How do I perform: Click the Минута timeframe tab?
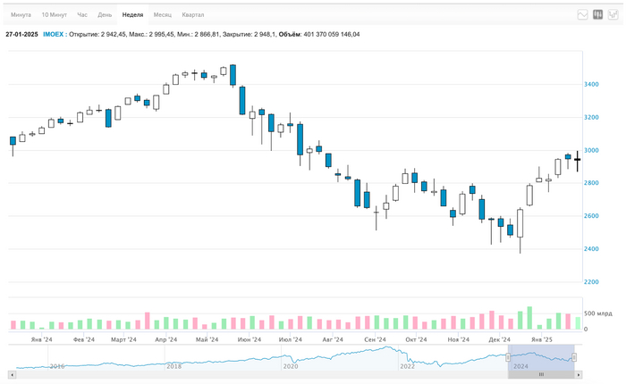pyautogui.click(x=21, y=15)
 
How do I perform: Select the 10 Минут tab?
pyautogui.click(x=54, y=15)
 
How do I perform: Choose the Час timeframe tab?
pyautogui.click(x=82, y=15)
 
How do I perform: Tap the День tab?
pyautogui.click(x=105, y=15)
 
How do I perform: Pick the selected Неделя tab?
pyautogui.click(x=132, y=15)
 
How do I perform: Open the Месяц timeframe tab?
pyautogui.click(x=162, y=15)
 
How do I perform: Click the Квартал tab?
pyautogui.click(x=192, y=15)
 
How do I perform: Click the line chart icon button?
pyautogui.click(x=583, y=15)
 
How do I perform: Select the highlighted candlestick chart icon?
pyautogui.click(x=598, y=15)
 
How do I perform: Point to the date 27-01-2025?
pyautogui.click(x=21, y=34)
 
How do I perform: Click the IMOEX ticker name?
pyautogui.click(x=54, y=34)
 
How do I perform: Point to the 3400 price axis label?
pyautogui.click(x=591, y=85)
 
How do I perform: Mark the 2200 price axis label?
pyautogui.click(x=591, y=282)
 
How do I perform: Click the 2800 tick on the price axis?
pyautogui.click(x=591, y=183)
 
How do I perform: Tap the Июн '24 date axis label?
pyautogui.click(x=250, y=340)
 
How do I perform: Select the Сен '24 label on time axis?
pyautogui.click(x=375, y=340)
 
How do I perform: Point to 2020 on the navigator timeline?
pyautogui.click(x=290, y=366)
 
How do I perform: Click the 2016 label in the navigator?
pyautogui.click(x=57, y=366)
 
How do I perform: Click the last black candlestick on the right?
pyautogui.click(x=577, y=161)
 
